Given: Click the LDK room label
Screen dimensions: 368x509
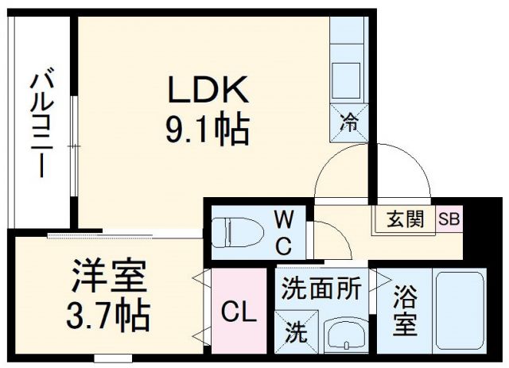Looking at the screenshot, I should (x=208, y=89).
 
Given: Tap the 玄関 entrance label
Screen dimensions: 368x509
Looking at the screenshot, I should (x=404, y=219).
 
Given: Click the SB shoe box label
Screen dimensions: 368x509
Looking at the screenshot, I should (x=449, y=219).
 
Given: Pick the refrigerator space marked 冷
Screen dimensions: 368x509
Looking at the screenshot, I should (x=349, y=122).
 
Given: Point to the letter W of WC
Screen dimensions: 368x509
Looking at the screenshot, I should (x=285, y=218).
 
